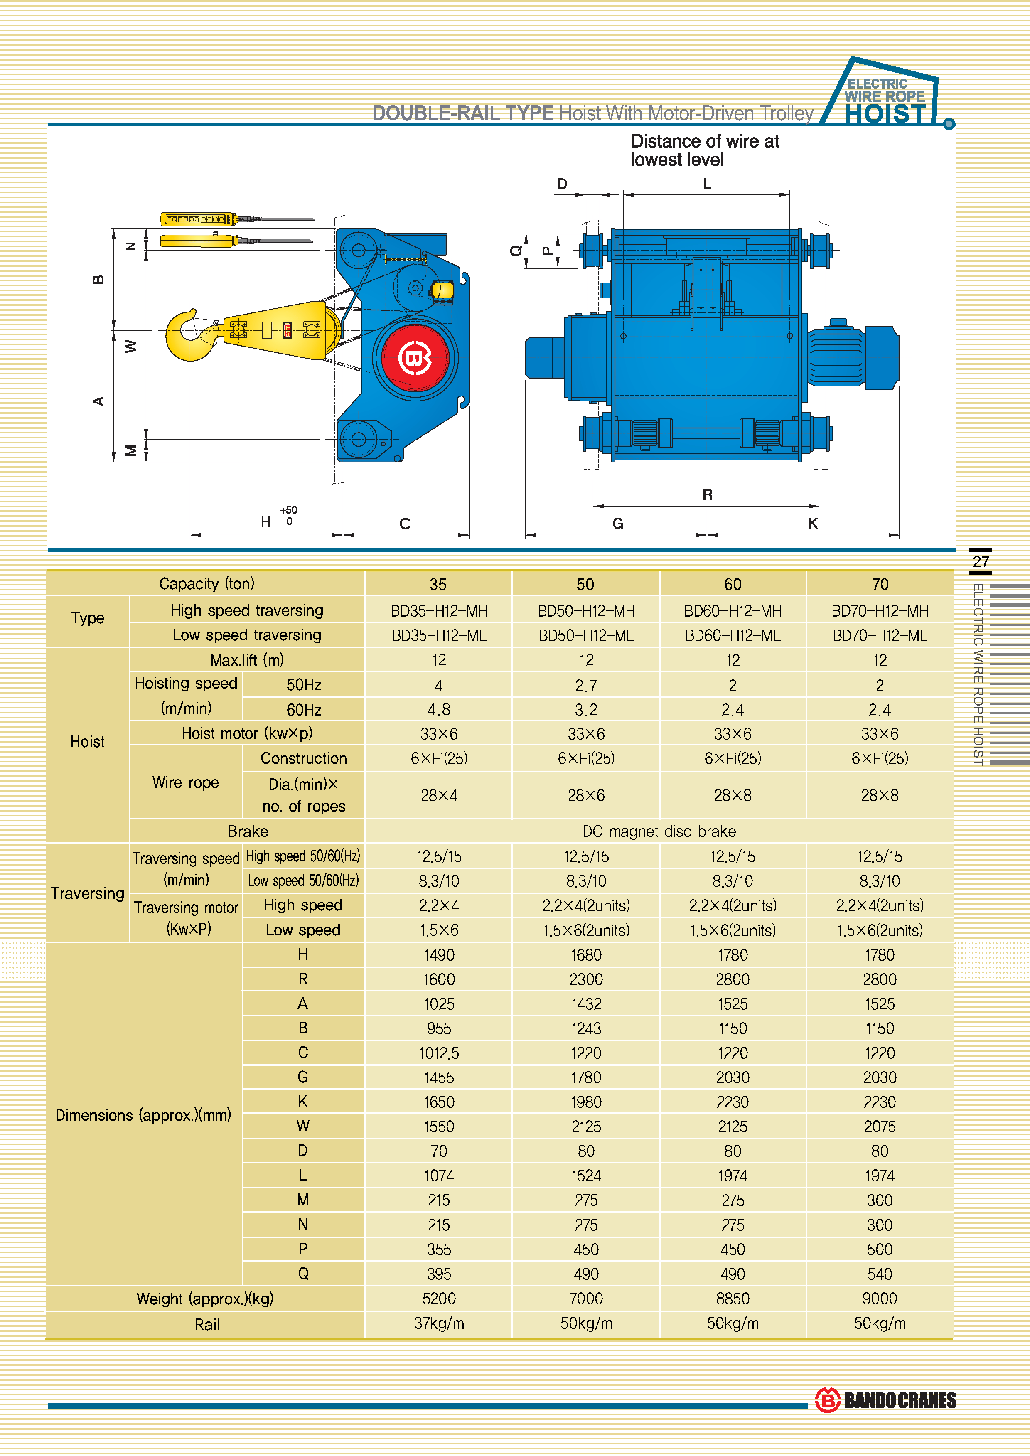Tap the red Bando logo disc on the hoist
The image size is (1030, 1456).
[415, 358]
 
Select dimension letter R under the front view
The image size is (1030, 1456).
[707, 494]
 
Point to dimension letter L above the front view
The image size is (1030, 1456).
[707, 184]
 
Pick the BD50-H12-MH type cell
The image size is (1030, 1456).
[586, 611]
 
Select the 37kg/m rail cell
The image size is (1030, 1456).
[439, 1323]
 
